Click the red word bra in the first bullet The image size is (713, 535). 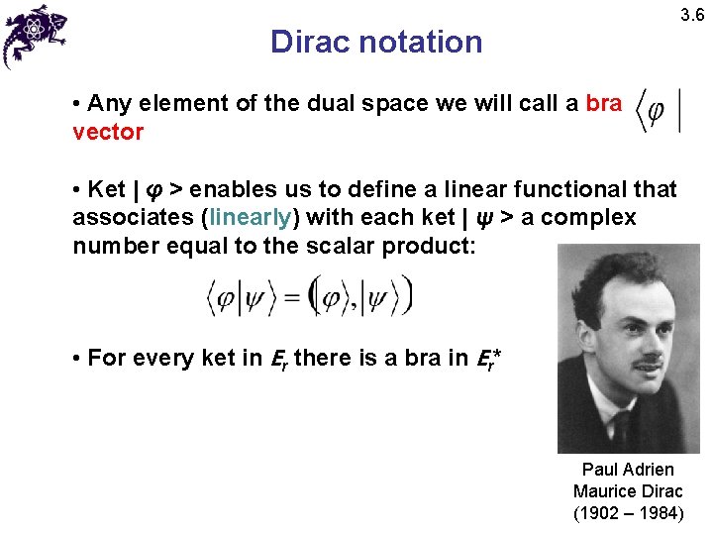click(x=604, y=103)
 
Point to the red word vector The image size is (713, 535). click(x=108, y=132)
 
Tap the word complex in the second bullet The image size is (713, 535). click(x=593, y=217)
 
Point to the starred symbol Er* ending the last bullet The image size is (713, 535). click(x=486, y=358)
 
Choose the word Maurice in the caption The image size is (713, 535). click(x=603, y=491)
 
